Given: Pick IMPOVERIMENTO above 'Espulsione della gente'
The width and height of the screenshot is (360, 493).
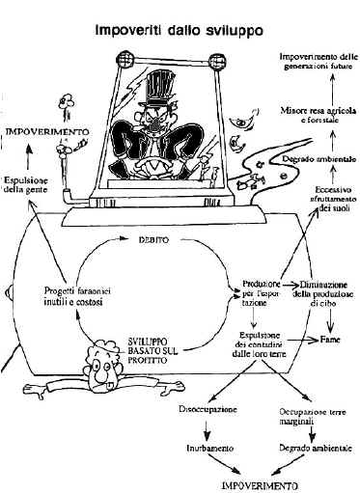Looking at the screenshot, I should [x=48, y=128].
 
